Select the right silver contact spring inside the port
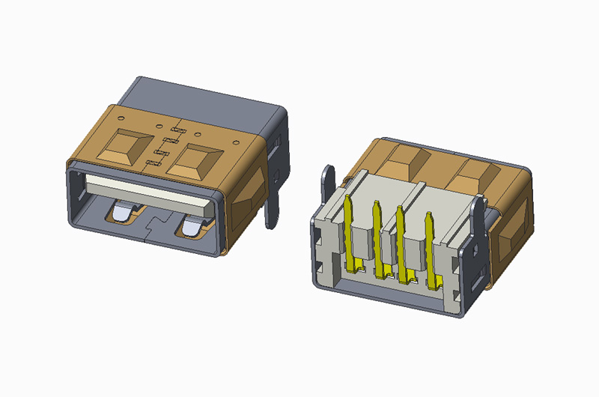[x=193, y=226]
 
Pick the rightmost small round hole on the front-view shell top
[x=236, y=142]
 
